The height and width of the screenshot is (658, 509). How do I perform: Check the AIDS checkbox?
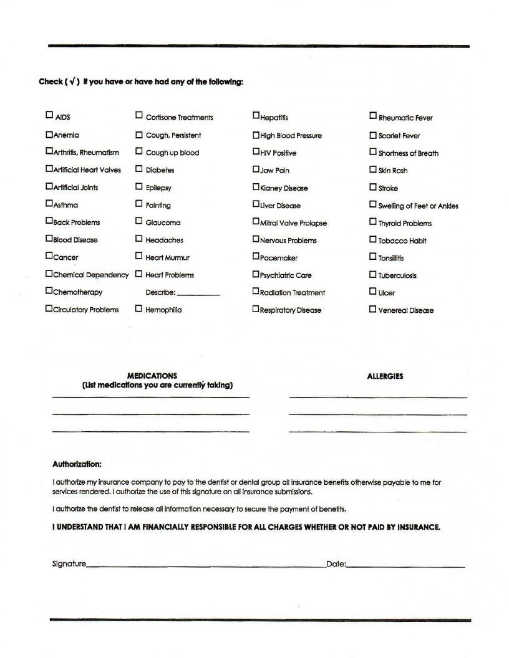point(49,115)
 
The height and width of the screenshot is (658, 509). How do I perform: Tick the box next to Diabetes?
point(139,169)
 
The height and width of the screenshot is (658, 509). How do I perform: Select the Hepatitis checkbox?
point(256,115)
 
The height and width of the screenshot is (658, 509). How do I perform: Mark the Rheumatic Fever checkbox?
point(373,116)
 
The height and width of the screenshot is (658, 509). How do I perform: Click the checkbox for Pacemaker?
point(256,257)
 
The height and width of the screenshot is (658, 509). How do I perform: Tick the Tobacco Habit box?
point(373,240)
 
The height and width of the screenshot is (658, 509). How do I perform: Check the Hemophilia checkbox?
point(139,308)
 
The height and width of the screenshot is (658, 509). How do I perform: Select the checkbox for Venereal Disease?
point(373,309)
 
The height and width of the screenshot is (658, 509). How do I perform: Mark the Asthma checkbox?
point(49,203)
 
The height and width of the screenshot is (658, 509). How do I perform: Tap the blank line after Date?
point(405,566)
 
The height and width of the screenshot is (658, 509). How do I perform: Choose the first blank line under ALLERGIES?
point(377,397)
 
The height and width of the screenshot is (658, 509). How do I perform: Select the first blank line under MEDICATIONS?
point(150,397)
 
